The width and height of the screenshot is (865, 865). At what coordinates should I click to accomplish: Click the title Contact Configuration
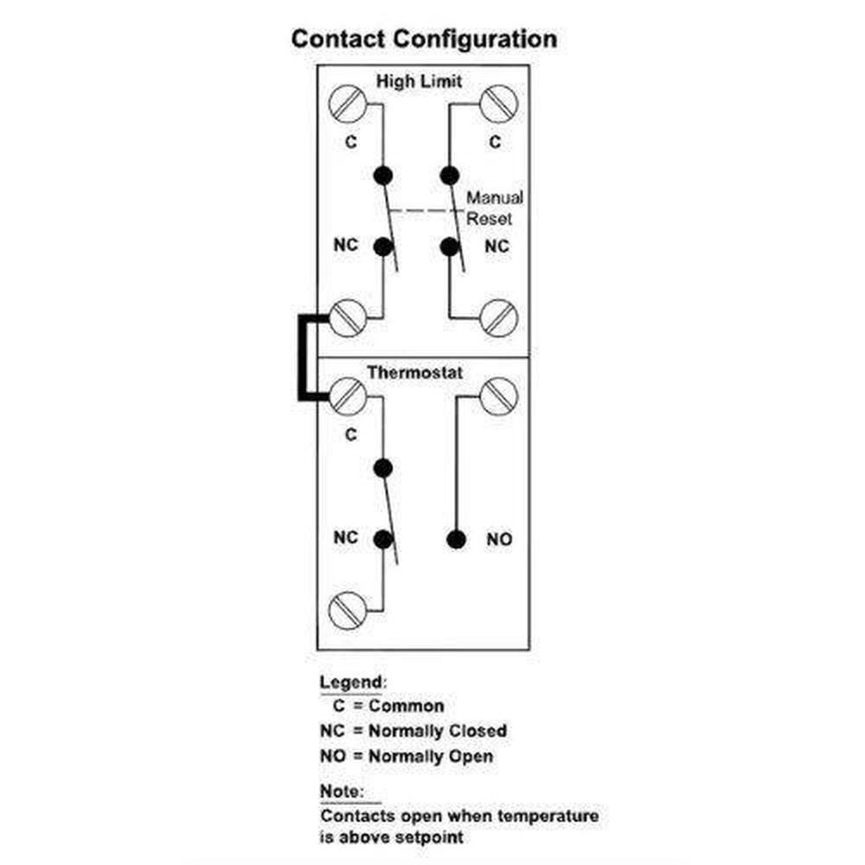pos(424,40)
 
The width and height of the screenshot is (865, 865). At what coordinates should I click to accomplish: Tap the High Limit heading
pos(419,81)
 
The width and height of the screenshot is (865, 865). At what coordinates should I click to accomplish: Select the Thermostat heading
pos(415,374)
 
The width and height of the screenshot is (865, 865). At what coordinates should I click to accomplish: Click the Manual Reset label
pos(495,208)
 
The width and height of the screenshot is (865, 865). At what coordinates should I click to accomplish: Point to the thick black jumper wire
pos(302,358)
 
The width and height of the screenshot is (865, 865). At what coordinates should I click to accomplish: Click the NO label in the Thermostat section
pos(499,540)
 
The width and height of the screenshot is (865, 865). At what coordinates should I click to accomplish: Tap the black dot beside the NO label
pos(455,540)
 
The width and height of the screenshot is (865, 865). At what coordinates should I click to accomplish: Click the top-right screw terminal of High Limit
pos(498,104)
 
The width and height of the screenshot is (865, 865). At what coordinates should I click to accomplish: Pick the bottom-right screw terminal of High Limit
pos(500,317)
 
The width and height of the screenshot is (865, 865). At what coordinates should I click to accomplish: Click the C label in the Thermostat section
pos(350,435)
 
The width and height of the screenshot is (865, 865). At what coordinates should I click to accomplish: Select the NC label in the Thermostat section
pos(345,538)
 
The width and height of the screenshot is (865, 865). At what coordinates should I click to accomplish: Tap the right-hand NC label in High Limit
pos(497,247)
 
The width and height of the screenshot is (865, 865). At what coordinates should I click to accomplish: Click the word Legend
pos(349,682)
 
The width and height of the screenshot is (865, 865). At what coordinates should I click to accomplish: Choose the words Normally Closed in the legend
pos(438,731)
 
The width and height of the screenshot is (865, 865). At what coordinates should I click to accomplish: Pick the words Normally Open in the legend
pos(431,756)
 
